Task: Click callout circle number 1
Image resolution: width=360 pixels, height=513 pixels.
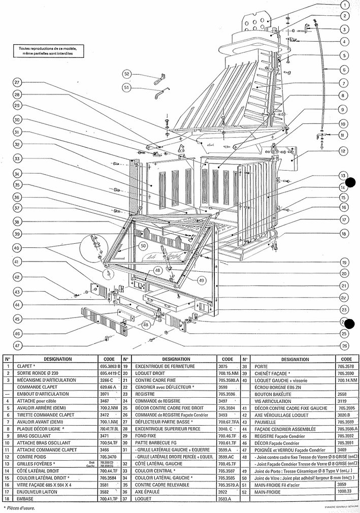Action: [345, 6]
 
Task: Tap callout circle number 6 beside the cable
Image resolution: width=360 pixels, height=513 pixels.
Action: [344, 69]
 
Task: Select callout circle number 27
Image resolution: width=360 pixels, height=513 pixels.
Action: [17, 82]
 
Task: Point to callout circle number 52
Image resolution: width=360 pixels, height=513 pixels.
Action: [126, 74]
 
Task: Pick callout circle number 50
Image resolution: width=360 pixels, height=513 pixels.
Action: [143, 246]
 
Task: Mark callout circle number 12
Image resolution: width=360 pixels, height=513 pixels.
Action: [344, 150]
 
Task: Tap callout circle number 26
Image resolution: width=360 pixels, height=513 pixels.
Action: [344, 346]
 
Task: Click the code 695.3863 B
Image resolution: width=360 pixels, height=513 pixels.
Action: [110, 365]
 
